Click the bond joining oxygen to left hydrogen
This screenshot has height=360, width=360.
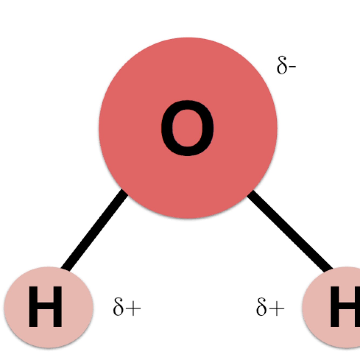[x=94, y=229]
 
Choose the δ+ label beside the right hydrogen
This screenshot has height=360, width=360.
[x=270, y=307]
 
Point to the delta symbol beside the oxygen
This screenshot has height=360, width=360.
[x=282, y=66]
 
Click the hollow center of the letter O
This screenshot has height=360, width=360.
[x=187, y=128]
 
